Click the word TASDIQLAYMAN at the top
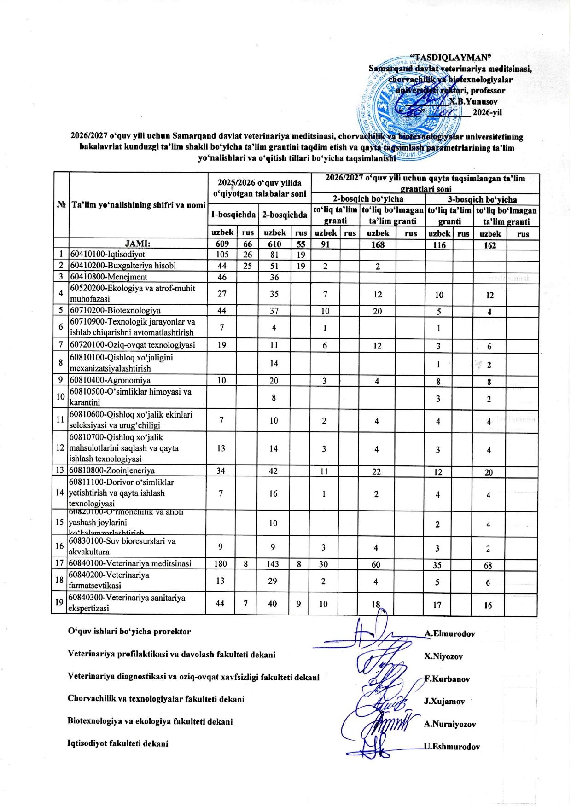point(451,58)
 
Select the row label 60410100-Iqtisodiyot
point(107,254)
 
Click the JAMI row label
point(138,244)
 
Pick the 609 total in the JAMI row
point(222,244)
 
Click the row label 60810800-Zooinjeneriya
point(112,470)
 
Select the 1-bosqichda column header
point(233,215)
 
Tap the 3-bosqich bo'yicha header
point(482,199)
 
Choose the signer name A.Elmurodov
point(450,634)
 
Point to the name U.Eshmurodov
point(452,747)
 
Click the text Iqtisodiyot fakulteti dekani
point(118,743)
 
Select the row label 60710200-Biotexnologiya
point(115,310)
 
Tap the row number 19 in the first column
point(59,603)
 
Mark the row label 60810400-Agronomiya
point(110,380)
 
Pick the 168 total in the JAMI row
point(378,244)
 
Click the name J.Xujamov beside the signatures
point(444,702)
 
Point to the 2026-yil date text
point(487,113)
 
